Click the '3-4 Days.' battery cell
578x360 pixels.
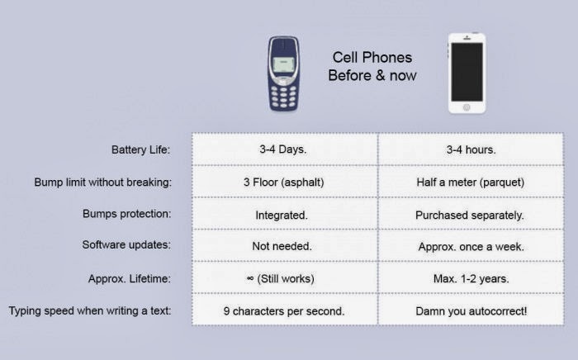pos(285,149)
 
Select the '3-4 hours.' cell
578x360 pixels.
pos(471,149)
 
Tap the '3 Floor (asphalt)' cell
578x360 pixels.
pos(285,182)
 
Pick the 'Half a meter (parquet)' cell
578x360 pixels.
pos(471,182)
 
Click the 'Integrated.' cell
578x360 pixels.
pos(285,213)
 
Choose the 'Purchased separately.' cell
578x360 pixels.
pos(471,213)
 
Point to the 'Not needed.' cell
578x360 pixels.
pos(285,245)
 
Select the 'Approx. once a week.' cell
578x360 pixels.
pos(471,245)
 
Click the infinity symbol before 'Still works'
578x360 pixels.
pos(250,278)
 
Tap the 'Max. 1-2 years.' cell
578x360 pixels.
pos(471,277)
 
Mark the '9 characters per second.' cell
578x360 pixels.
pos(285,310)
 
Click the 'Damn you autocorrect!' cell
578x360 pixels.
pos(471,310)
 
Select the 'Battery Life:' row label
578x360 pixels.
pos(141,149)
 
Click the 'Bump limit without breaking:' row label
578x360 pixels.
pos(103,182)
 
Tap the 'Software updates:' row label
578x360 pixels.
pos(126,244)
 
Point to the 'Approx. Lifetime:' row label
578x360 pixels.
pos(130,278)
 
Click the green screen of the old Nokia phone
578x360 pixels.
pos(283,65)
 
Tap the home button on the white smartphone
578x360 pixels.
pos(467,107)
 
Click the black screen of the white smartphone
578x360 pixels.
pos(467,72)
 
